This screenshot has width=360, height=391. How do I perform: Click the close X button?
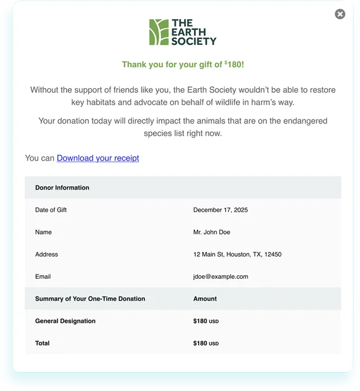pyautogui.click(x=340, y=14)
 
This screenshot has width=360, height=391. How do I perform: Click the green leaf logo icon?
pyautogui.click(x=158, y=32)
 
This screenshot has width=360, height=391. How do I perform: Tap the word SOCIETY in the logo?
pyautogui.click(x=193, y=41)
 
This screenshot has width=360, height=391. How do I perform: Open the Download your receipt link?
pyautogui.click(x=98, y=158)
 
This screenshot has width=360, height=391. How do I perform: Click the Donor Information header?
pyautogui.click(x=62, y=188)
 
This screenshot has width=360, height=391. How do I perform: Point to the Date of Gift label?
pyautogui.click(x=51, y=210)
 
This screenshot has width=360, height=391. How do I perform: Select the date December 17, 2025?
pyautogui.click(x=220, y=210)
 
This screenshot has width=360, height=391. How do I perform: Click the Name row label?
pyautogui.click(x=43, y=232)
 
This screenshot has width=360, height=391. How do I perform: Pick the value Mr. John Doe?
pyautogui.click(x=211, y=232)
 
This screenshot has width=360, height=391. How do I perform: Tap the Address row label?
pyautogui.click(x=46, y=254)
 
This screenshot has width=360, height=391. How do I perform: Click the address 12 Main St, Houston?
pyautogui.click(x=237, y=254)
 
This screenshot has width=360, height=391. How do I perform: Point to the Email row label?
pyautogui.click(x=43, y=276)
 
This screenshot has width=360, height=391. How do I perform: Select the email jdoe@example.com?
pyautogui.click(x=220, y=276)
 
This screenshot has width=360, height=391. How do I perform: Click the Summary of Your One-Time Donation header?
pyautogui.click(x=90, y=299)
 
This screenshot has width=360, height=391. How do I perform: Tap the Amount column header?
pyautogui.click(x=205, y=299)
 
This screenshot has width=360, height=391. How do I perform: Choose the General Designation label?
pyautogui.click(x=65, y=321)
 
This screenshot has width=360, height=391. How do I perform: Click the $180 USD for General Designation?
pyautogui.click(x=206, y=321)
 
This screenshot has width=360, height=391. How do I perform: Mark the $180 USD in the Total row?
pyautogui.click(x=206, y=343)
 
